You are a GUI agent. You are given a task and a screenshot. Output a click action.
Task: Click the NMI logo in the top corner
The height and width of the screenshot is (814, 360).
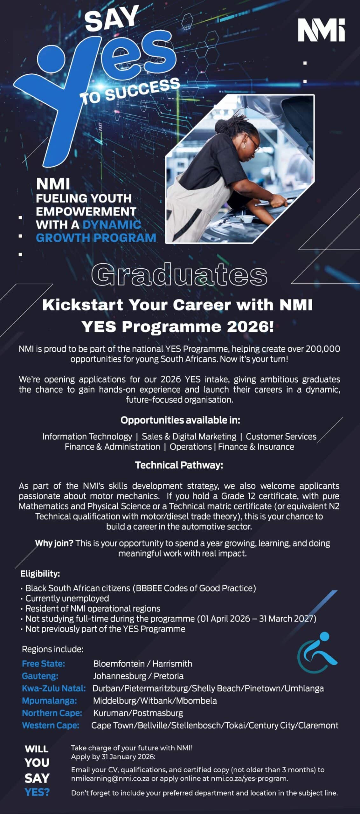pos(321,30)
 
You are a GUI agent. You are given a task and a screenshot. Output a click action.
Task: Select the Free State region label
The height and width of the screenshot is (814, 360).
pos(43,664)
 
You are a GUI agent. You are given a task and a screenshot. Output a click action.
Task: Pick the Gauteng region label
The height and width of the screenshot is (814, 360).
pos(40,676)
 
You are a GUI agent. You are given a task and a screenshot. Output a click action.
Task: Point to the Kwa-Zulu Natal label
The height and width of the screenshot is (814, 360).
pos(54,688)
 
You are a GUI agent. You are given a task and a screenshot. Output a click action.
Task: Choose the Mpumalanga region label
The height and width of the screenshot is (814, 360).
pos(49,700)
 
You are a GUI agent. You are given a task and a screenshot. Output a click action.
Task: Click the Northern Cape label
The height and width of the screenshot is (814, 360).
pos(52,713)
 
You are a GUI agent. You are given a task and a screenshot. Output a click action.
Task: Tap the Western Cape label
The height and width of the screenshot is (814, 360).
pos(50,725)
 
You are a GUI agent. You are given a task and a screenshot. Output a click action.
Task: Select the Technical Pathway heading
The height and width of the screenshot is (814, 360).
pos(179,465)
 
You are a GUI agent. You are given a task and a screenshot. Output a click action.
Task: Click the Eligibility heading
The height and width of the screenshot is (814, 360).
pos(40,574)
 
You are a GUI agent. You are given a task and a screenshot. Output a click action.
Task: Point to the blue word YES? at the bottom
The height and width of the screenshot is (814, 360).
pos(37,792)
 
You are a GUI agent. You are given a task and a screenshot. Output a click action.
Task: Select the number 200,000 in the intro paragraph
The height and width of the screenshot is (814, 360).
pos(323,349)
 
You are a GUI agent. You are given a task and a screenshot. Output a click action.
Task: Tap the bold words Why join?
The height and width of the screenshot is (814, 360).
pos(54,543)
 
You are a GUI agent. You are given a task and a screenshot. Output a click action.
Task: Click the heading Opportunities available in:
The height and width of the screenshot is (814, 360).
pos(180,420)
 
